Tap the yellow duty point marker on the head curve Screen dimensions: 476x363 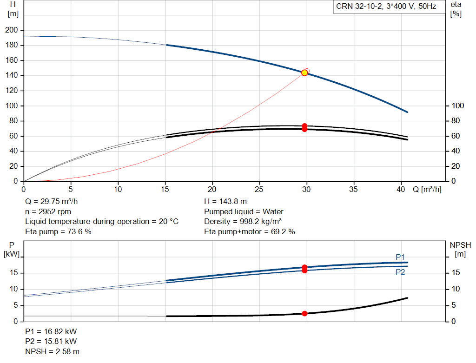(x=304, y=73)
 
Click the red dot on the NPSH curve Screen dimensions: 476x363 (x=304, y=314)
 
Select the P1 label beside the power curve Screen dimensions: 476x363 (x=400, y=257)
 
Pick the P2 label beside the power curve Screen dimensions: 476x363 (x=400, y=272)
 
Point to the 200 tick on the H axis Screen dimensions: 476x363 (x=12, y=30)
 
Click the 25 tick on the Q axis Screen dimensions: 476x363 (x=259, y=189)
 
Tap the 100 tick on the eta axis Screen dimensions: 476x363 (x=457, y=106)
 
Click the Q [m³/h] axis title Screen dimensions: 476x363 (x=427, y=189)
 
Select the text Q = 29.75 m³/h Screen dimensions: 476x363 (x=51, y=202)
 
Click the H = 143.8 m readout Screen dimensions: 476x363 (x=225, y=202)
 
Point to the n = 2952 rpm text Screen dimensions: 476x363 (x=48, y=211)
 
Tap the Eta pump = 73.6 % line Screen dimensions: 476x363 (x=58, y=231)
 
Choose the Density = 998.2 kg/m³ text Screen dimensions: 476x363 (x=243, y=222)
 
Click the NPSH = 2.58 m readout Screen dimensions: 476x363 (x=52, y=351)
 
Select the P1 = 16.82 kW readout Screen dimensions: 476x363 (x=51, y=331)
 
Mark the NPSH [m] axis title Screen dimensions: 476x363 (x=460, y=250)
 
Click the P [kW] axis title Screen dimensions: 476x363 (x=12, y=250)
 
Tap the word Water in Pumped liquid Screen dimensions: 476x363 (x=273, y=211)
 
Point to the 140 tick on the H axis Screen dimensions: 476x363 (x=12, y=75)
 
